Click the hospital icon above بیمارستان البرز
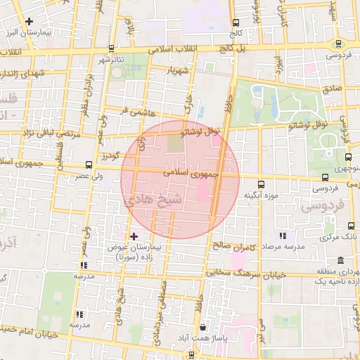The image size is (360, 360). pyautogui.click(x=29, y=21)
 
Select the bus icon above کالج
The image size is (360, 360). pyautogui.click(x=235, y=22)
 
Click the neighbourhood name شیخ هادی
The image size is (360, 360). pyautogui.click(x=154, y=200)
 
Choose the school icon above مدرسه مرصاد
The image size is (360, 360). pyautogui.click(x=282, y=236)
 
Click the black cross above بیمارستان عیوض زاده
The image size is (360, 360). pyautogui.click(x=134, y=237)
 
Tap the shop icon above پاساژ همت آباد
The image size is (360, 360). pyautogui.click(x=203, y=327)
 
